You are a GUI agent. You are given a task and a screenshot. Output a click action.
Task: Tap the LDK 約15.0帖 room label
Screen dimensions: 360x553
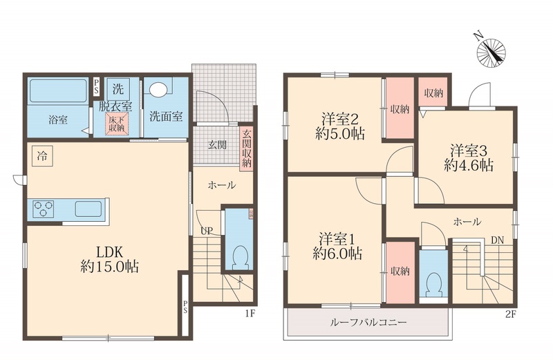coord(108,258)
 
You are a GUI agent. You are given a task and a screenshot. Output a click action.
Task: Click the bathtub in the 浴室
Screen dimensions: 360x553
coord(58,90)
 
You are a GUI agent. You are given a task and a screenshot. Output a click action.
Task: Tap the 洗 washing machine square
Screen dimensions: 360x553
coord(118,88)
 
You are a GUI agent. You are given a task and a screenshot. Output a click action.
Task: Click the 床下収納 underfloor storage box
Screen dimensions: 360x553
coord(116,124)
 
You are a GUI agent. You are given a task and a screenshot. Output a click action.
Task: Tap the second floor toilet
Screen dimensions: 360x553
coord(433,283)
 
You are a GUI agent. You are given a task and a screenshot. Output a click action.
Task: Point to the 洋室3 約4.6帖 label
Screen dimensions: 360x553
coord(468,157)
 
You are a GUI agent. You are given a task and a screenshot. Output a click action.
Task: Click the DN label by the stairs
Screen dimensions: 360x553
coord(496,240)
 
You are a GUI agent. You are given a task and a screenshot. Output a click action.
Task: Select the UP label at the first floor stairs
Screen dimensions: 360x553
coord(206,231)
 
